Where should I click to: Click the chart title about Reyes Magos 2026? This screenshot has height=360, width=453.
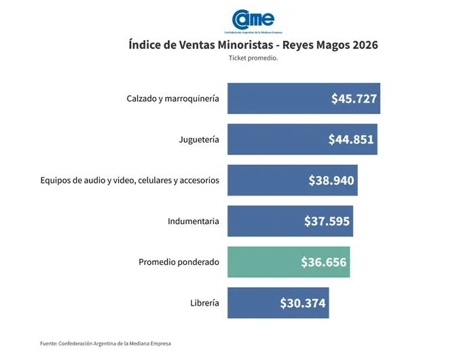(x=253, y=46)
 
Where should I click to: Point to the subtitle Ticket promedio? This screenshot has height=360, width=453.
(x=253, y=58)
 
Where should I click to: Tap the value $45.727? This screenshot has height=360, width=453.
(x=354, y=98)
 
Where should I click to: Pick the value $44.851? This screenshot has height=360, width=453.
(x=351, y=139)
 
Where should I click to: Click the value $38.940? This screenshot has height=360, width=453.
(x=332, y=180)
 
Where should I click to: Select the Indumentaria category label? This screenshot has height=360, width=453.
(x=194, y=221)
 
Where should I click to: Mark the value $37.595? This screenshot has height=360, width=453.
(x=327, y=221)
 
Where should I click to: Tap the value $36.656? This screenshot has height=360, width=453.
(x=324, y=262)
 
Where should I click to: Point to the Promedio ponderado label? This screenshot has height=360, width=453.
(x=179, y=262)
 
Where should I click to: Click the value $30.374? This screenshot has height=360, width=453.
(x=303, y=303)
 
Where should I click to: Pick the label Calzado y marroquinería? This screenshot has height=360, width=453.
(x=173, y=98)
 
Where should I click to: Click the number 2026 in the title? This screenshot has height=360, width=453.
(x=361, y=46)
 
